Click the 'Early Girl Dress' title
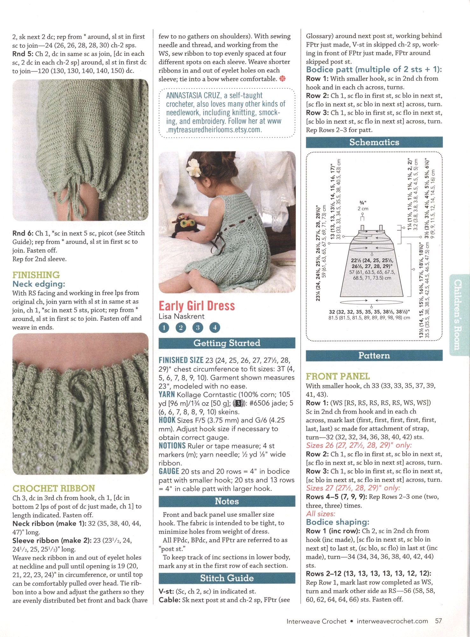click(197, 306)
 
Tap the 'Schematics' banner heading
click(374, 142)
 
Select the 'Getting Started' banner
click(227, 343)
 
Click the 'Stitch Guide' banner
click(227, 578)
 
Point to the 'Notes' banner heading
click(227, 501)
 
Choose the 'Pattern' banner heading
click(374, 355)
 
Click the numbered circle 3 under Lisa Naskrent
click(198, 327)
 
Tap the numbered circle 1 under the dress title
click(164, 327)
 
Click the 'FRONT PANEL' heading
click(338, 377)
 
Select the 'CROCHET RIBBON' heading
click(53, 488)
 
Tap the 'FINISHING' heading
click(36, 275)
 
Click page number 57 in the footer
click(438, 621)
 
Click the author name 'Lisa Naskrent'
click(181, 317)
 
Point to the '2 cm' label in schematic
click(363, 209)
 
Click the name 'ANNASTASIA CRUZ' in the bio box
click(193, 95)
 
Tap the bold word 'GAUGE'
click(169, 471)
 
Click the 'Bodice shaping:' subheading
click(337, 522)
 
